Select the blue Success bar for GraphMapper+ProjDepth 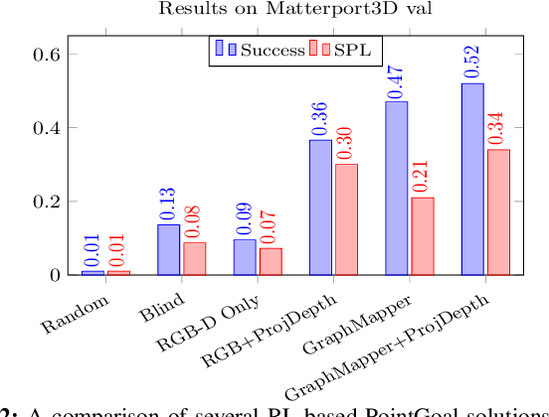coord(472,179)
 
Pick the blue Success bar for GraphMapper coord(396,188)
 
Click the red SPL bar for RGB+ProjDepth coord(346,218)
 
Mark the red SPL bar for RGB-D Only coord(271,261)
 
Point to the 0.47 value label coord(396,82)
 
